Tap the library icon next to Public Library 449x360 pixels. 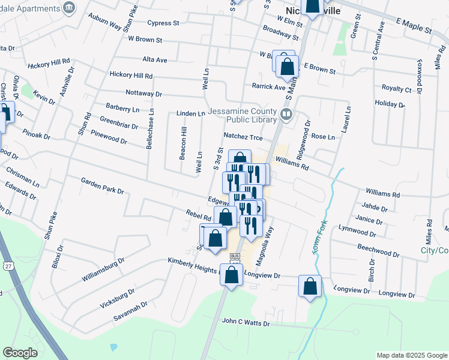[287, 113]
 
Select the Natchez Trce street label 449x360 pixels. [244, 136]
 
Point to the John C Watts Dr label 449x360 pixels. [246, 323]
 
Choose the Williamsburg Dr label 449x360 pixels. [103, 270]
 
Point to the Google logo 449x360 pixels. [20, 352]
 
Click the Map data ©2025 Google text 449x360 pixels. [412, 355]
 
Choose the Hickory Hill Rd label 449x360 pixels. [131, 76]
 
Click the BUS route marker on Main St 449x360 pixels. [234, 256]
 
